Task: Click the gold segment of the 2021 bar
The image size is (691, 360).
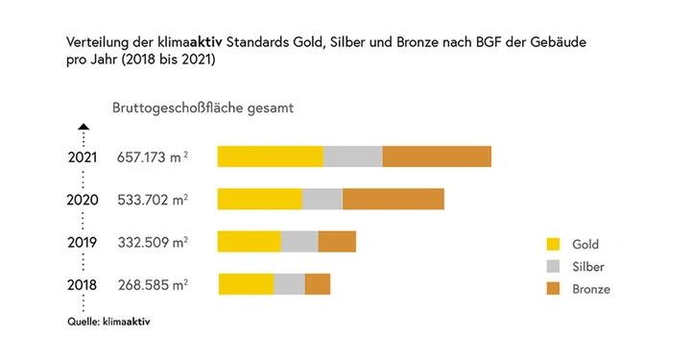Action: (x=270, y=156)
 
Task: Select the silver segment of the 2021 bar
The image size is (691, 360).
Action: (x=352, y=156)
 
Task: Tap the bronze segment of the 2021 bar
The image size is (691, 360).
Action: (x=437, y=156)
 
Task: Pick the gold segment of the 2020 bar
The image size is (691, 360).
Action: (x=259, y=199)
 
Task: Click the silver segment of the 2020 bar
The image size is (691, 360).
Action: (x=322, y=199)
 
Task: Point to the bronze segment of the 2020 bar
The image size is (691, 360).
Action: (x=393, y=199)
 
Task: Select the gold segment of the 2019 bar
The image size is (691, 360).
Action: (x=249, y=242)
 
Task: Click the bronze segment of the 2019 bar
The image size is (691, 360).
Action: (x=337, y=242)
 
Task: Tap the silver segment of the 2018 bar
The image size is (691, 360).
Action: (x=289, y=284)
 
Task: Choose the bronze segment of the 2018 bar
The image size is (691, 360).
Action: (x=318, y=284)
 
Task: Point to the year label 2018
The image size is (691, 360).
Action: (x=83, y=285)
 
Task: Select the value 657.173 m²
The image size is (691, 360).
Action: (x=153, y=156)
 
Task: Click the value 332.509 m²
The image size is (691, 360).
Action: (x=153, y=242)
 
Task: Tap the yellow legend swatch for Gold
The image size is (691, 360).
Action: (x=553, y=245)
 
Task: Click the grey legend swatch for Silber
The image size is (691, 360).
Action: (x=553, y=267)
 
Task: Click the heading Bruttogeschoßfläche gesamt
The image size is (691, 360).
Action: (x=203, y=108)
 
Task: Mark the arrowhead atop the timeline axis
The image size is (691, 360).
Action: (x=83, y=126)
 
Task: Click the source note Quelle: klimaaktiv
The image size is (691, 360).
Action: (x=108, y=322)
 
